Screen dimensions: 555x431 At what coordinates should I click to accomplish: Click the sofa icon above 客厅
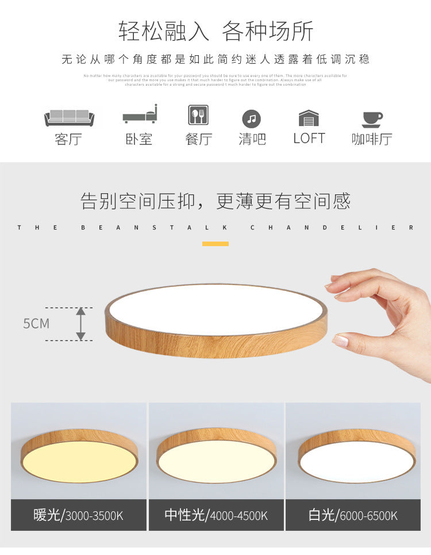coord(69,117)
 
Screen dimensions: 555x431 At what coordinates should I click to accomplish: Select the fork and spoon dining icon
coord(198,115)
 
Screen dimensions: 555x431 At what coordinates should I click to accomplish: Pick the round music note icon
coord(251,119)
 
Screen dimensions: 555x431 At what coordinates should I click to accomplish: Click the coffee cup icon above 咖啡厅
coord(372,118)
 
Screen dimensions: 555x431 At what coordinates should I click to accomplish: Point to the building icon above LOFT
coord(309,118)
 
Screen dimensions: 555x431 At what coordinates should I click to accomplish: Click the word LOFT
coord(309,139)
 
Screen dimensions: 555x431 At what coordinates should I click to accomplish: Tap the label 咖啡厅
coord(372,139)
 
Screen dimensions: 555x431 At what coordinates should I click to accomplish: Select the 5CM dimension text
coord(36,323)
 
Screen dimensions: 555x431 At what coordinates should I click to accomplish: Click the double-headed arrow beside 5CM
coord(81,323)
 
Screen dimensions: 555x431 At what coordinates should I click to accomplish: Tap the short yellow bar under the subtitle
coord(215,244)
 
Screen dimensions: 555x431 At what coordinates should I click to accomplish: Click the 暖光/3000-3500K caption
coord(78,515)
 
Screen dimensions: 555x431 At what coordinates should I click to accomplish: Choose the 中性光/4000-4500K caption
coord(216,515)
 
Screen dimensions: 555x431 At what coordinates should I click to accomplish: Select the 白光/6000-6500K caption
coord(353,515)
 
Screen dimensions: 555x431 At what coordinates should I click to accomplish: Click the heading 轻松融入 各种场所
coord(216,31)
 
